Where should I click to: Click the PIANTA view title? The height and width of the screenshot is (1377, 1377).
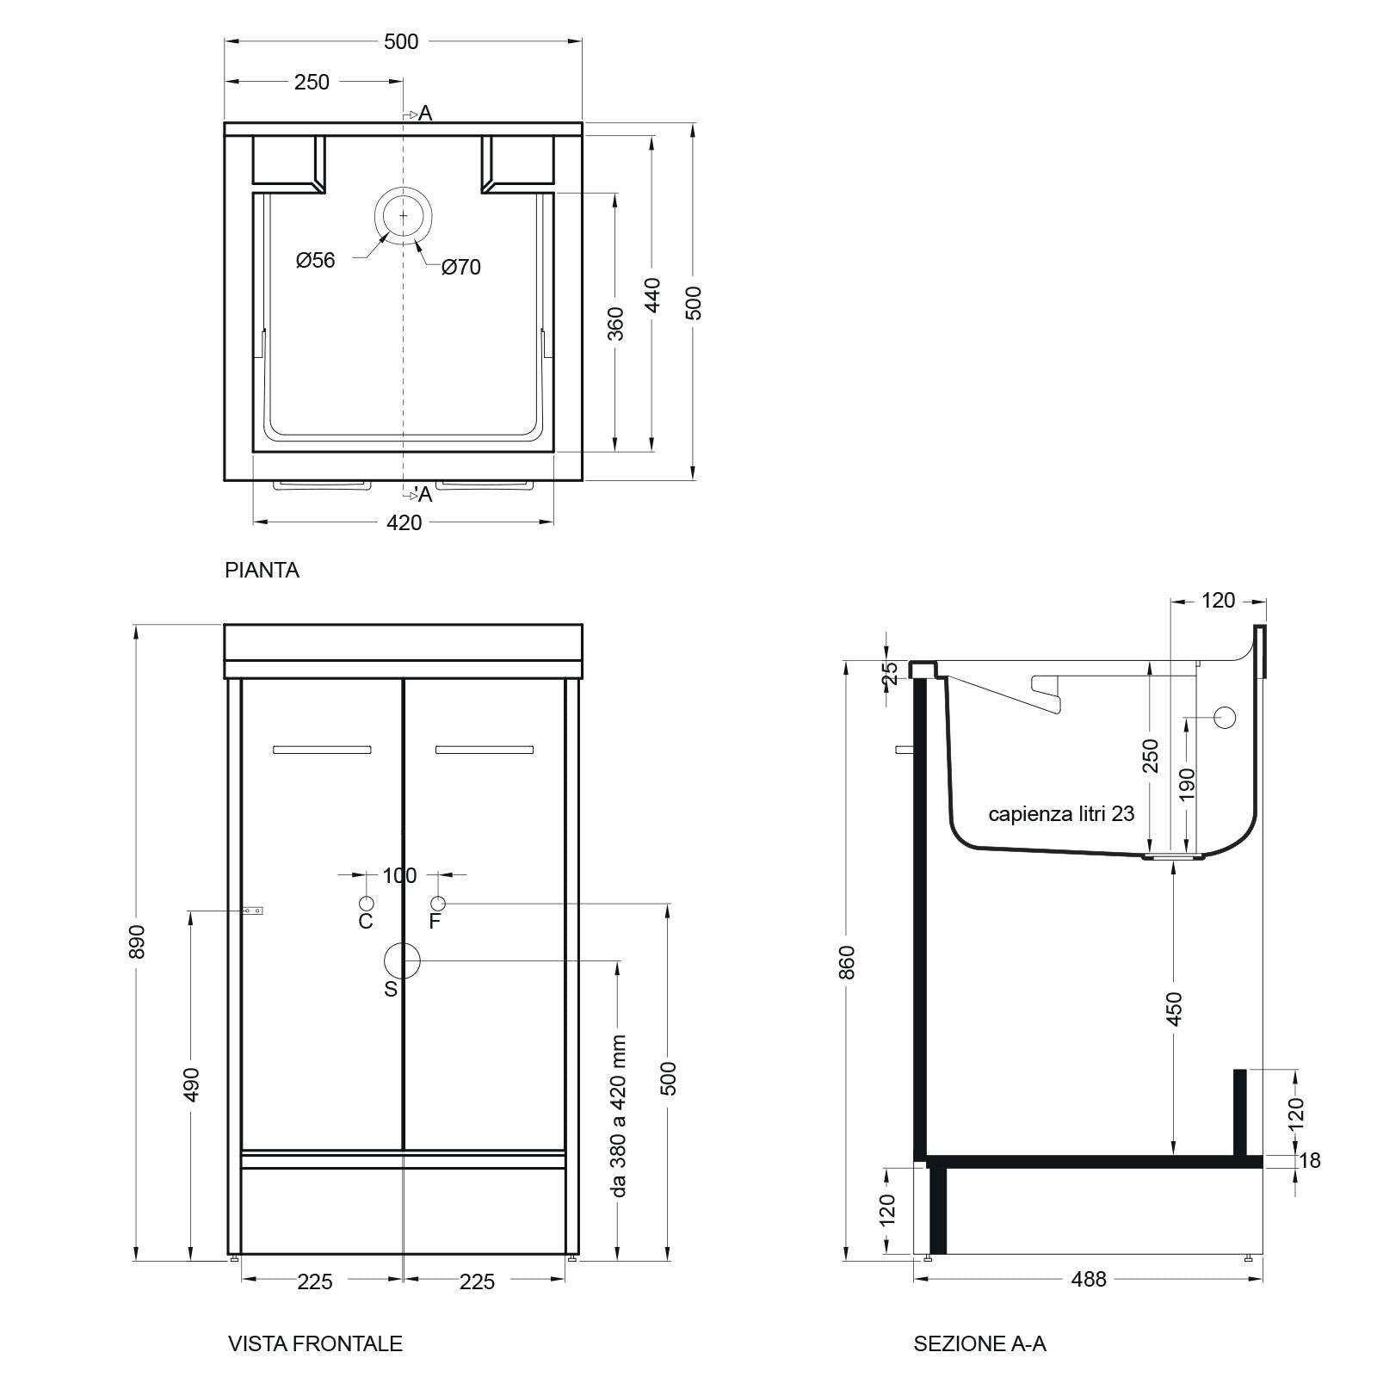click(x=262, y=570)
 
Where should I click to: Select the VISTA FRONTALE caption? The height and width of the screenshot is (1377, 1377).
click(x=315, y=1343)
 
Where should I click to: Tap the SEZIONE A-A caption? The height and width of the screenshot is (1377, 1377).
click(x=979, y=1343)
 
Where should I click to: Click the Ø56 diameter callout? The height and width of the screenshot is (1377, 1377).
click(x=315, y=260)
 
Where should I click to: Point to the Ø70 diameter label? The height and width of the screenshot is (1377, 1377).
click(x=461, y=268)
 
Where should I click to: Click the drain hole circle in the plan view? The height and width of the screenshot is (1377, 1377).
click(x=402, y=215)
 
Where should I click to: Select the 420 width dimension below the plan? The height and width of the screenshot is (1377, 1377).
click(x=404, y=522)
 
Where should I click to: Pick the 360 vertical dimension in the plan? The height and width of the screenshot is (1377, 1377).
click(x=616, y=323)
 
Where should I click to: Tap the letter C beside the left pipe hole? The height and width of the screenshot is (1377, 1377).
click(x=366, y=922)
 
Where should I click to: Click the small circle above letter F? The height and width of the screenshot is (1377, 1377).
click(x=438, y=903)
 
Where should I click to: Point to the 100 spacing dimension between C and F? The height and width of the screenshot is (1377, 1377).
click(x=399, y=875)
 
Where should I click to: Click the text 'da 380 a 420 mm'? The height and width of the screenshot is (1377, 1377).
click(x=618, y=1115)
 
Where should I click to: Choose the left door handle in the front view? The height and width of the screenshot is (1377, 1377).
click(x=322, y=750)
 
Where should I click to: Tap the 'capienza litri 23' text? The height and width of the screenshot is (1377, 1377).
click(x=1061, y=813)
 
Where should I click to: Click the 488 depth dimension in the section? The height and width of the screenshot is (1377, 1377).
click(x=1089, y=1280)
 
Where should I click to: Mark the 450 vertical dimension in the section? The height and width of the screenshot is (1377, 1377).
click(x=1175, y=1008)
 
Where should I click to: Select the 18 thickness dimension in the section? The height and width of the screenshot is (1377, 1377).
click(x=1309, y=1160)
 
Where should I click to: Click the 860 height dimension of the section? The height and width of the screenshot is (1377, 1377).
click(x=847, y=961)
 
